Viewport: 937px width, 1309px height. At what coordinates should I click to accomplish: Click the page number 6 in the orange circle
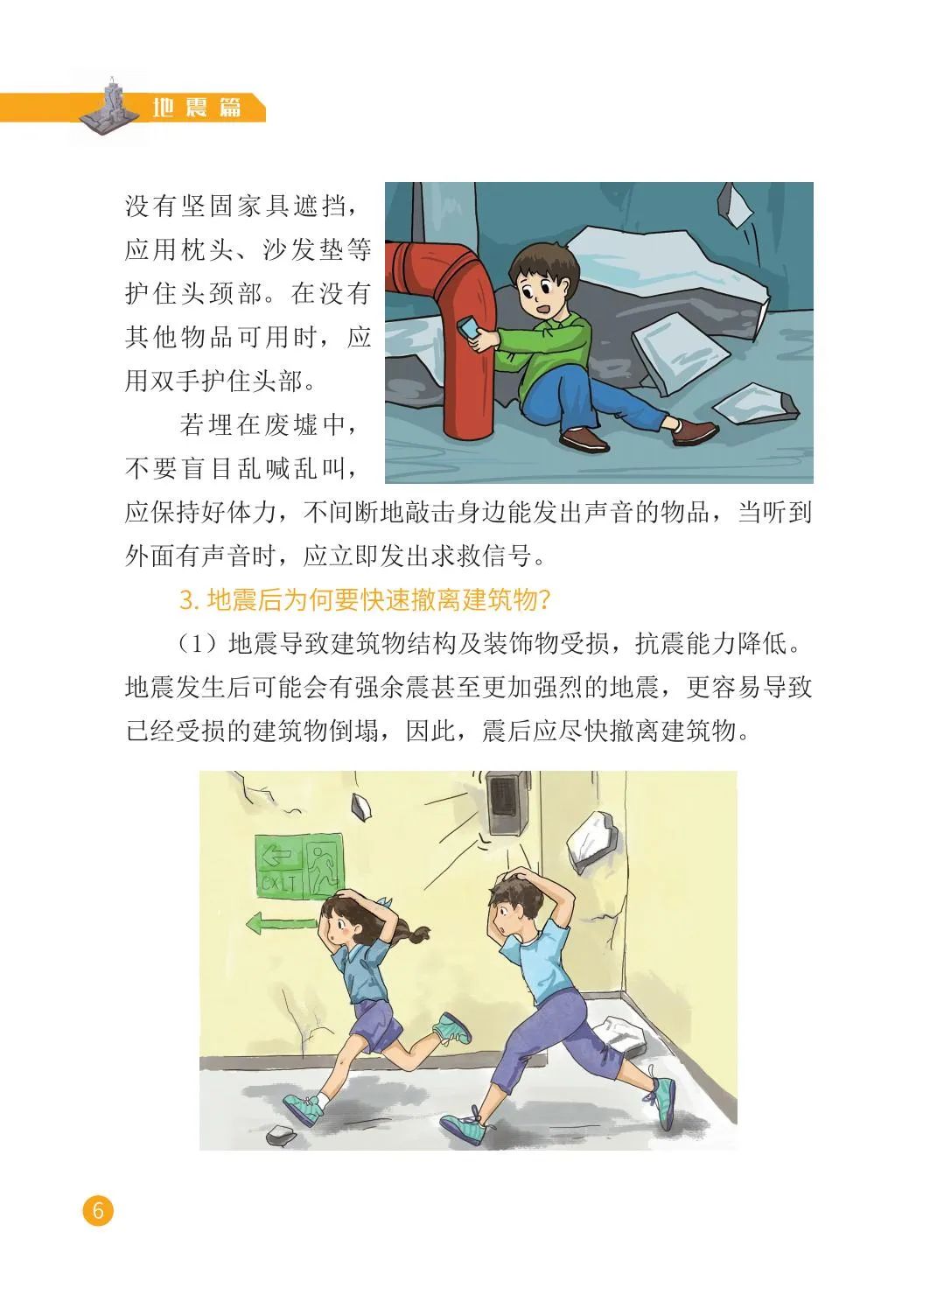[x=98, y=1209]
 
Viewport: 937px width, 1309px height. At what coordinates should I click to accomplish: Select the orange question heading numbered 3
[x=365, y=600]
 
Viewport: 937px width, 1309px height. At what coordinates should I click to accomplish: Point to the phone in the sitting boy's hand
[x=469, y=328]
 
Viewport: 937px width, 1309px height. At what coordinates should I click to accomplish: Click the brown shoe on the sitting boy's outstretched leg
[x=695, y=430]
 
